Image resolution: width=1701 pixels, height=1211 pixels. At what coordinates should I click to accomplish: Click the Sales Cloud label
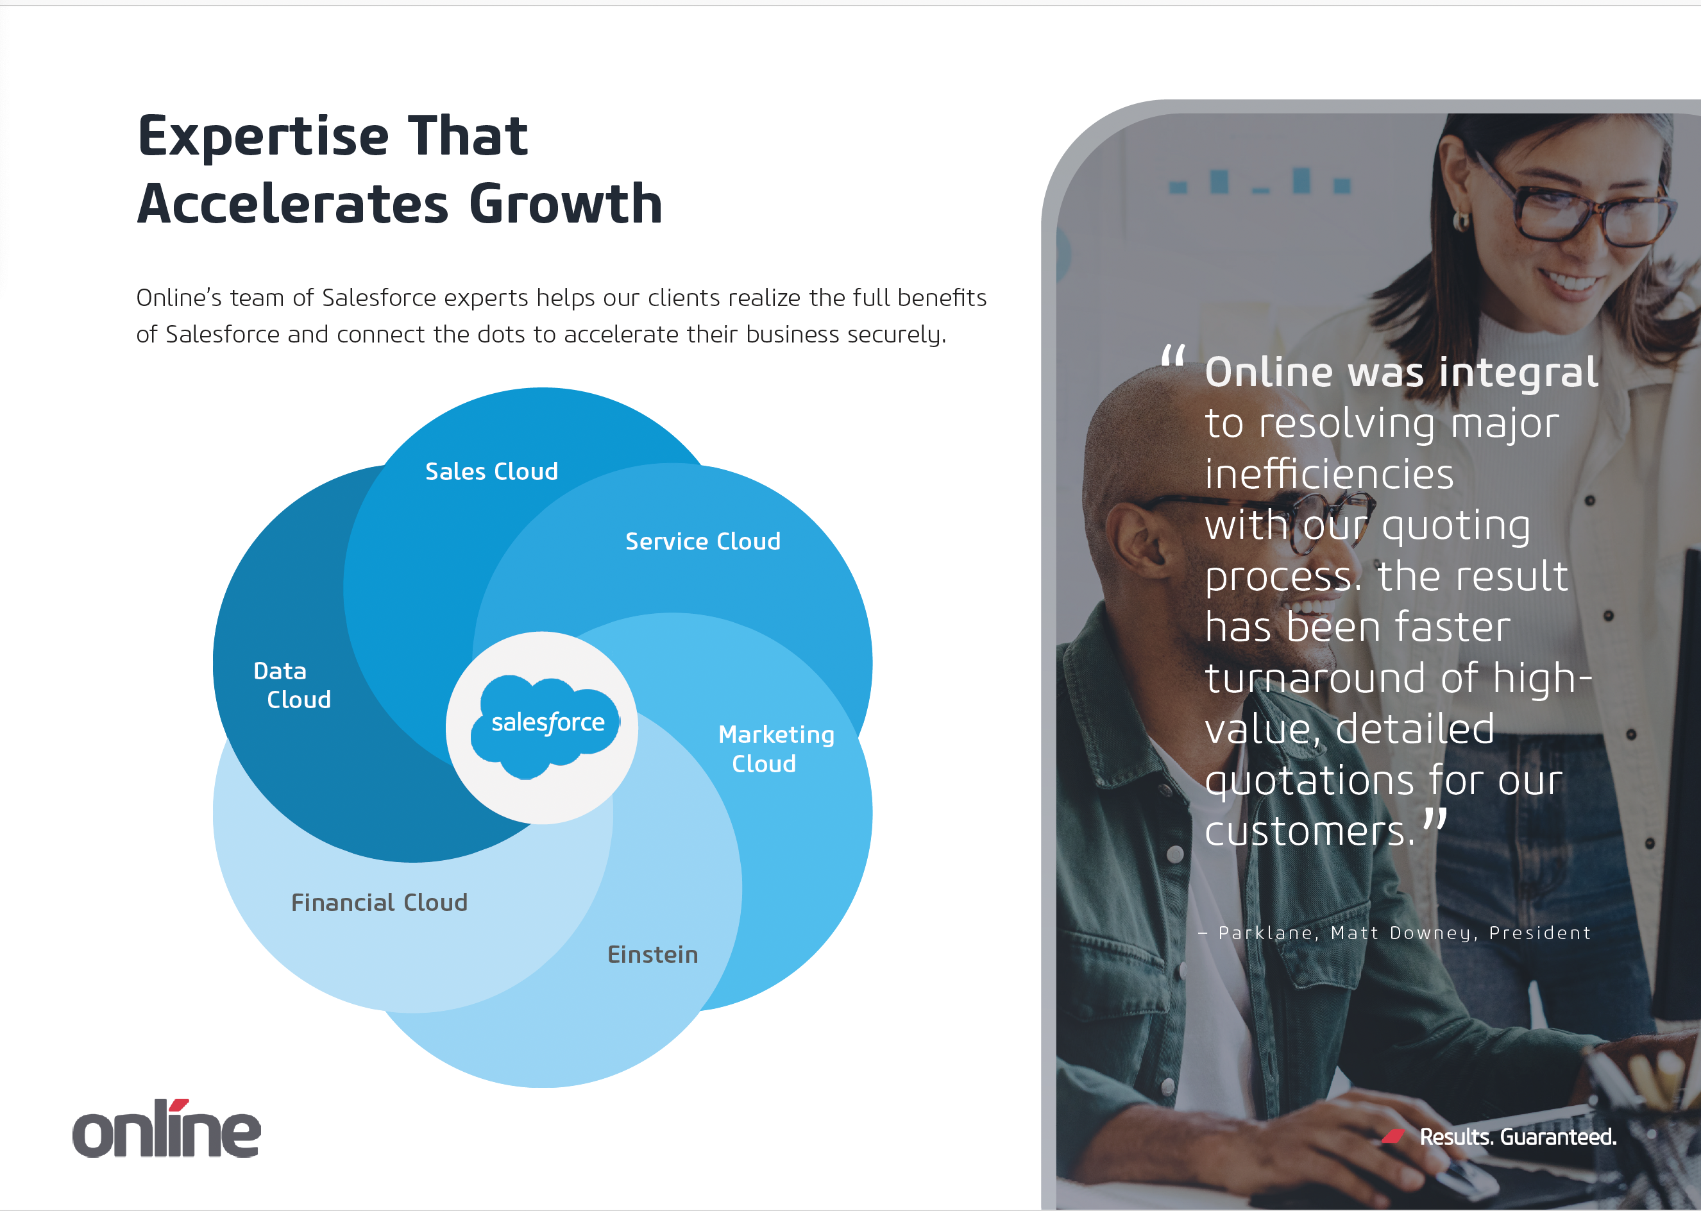491,471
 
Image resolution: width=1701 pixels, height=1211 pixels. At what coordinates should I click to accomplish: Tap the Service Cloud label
702,541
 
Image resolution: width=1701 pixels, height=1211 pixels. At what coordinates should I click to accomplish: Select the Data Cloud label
292,685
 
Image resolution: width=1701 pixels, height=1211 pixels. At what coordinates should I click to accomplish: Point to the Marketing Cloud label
775,749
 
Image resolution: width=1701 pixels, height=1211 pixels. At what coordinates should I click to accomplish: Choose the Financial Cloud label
379,902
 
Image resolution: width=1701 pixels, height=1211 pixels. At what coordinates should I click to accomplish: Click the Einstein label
652,954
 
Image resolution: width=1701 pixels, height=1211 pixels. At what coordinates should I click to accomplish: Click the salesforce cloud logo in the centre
545,726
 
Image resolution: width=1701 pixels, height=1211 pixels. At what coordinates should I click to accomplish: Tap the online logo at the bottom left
166,1128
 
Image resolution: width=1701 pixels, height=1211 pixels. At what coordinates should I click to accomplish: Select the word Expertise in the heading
263,137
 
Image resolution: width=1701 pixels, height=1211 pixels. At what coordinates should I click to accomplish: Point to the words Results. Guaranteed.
1518,1137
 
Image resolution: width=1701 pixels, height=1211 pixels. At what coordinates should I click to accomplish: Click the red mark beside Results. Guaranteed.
1393,1136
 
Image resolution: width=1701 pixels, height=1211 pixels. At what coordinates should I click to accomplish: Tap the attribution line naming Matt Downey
1394,933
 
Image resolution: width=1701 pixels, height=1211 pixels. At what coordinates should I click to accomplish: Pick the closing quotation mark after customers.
1434,820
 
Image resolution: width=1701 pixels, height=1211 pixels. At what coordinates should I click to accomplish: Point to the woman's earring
1461,221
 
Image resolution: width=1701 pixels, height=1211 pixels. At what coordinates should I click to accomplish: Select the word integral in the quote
1518,372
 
